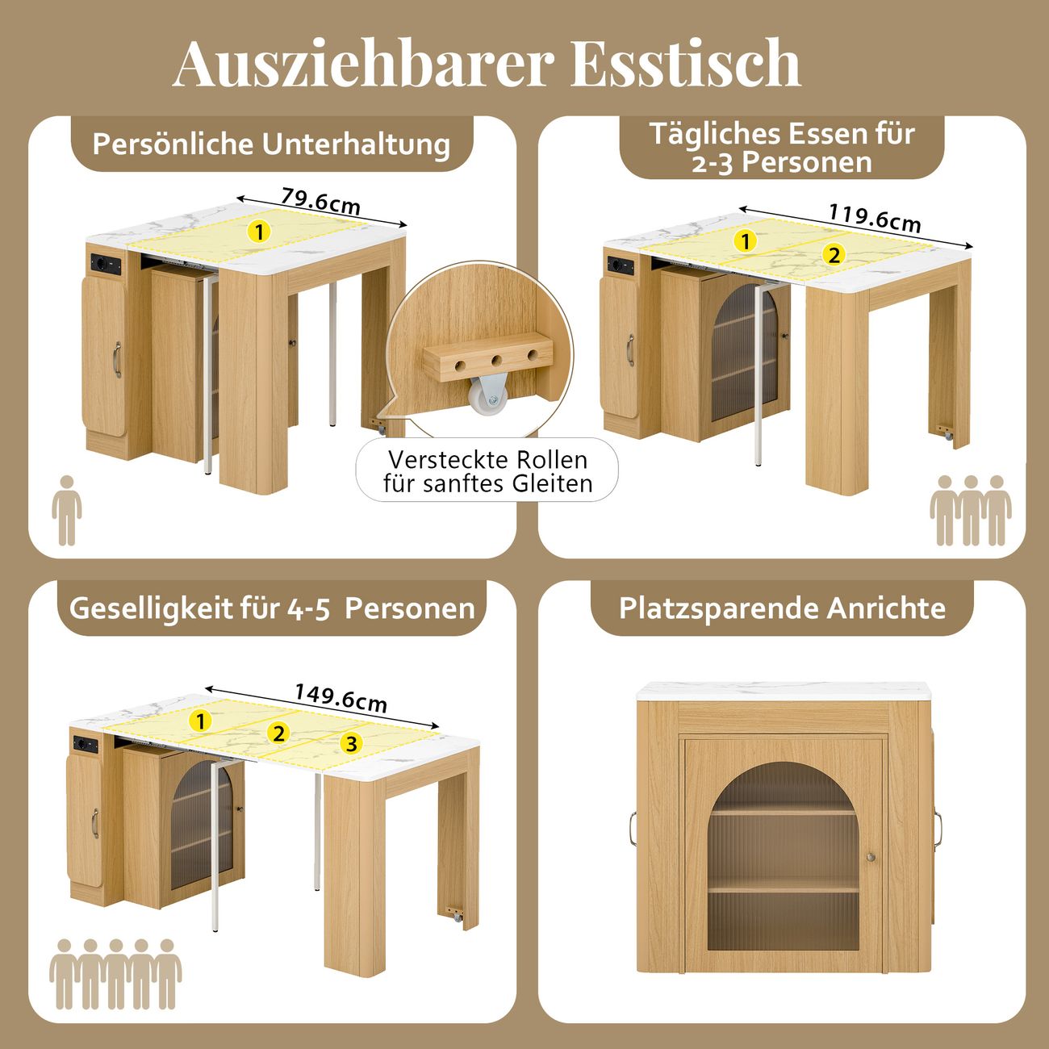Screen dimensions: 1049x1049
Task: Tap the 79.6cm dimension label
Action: pos(320,200)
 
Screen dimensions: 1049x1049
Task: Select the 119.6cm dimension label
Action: pos(874,218)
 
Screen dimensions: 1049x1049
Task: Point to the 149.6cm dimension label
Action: pos(341,697)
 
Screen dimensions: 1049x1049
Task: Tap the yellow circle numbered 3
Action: pos(352,744)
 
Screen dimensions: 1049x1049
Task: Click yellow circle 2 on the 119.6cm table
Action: pos(834,254)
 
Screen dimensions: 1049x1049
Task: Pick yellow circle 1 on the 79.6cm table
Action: pos(260,232)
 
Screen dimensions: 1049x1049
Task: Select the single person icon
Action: pos(66,510)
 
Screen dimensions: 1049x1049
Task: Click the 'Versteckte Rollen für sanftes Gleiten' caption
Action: pos(487,471)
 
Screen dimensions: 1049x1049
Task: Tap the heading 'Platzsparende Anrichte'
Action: pos(782,608)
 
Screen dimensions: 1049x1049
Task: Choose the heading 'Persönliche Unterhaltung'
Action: pos(271,144)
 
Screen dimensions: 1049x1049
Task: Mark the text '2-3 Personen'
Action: pos(782,162)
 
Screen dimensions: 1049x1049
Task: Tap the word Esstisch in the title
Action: pos(685,63)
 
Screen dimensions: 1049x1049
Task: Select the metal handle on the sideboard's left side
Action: pos(633,829)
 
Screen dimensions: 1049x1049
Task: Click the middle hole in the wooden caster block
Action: pos(497,361)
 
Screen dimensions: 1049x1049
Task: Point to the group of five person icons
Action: pos(115,975)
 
